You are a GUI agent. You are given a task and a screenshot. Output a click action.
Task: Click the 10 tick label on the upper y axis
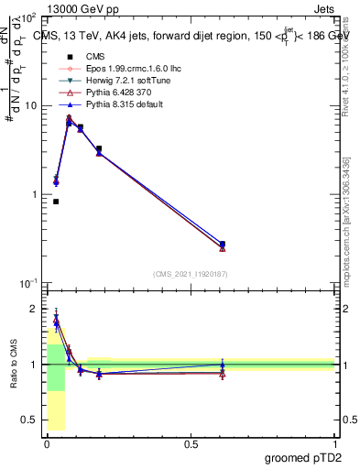[29, 105]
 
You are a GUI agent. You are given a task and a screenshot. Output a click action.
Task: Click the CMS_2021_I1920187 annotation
[190, 273]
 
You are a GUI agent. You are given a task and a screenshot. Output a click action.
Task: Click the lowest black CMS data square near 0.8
[56, 202]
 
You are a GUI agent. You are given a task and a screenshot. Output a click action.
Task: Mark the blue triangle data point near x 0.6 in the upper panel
[223, 244]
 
